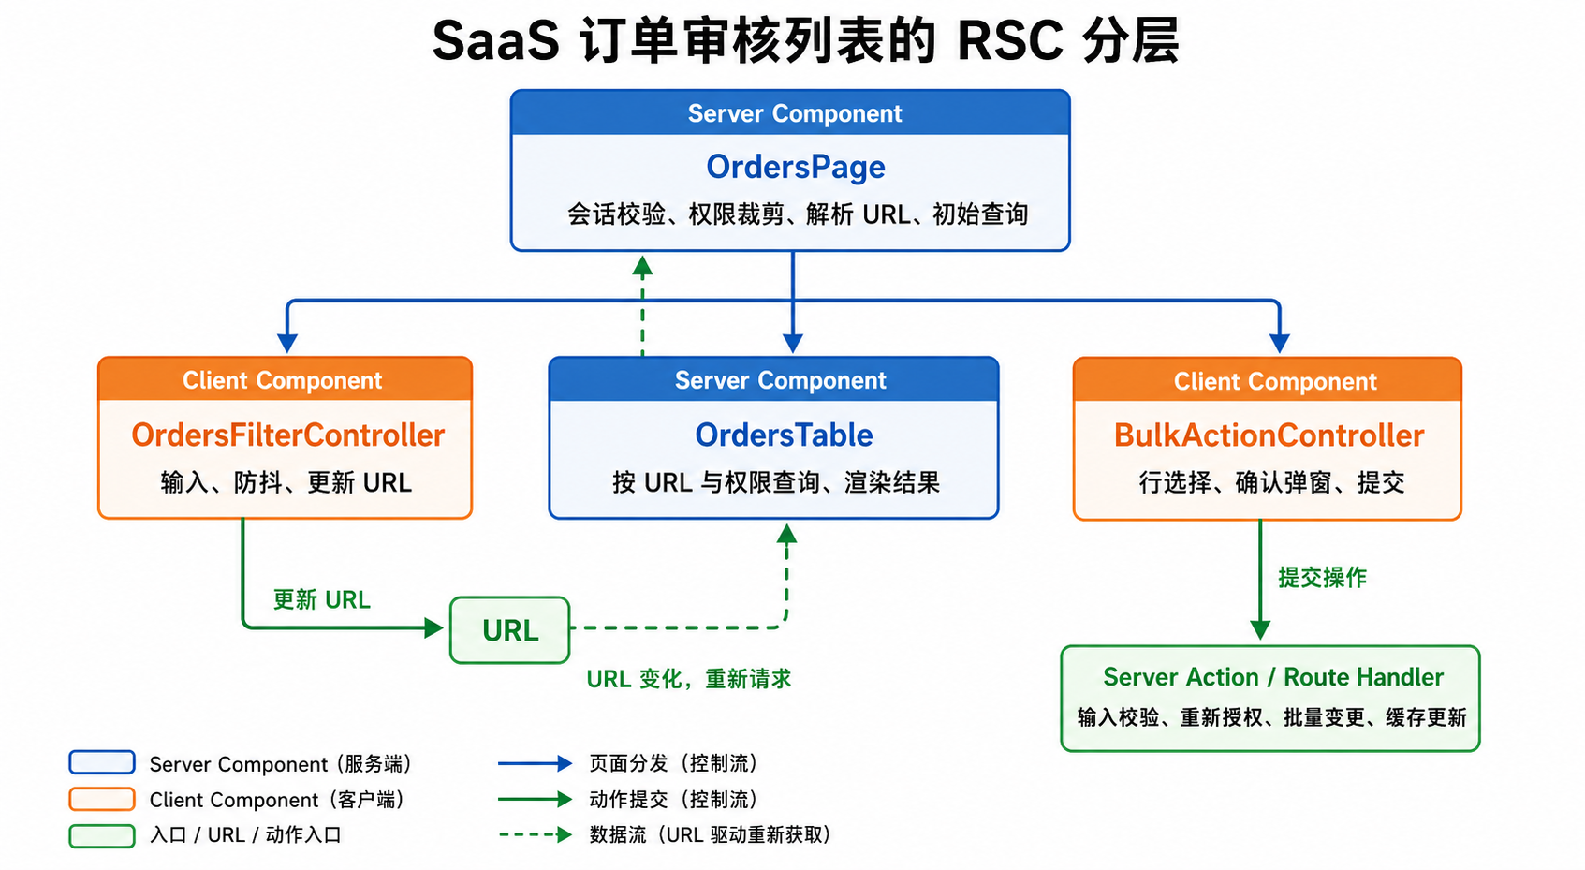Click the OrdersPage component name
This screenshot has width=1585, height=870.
pos(796,167)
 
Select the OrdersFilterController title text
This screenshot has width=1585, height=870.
pos(288,435)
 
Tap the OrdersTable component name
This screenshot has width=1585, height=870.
pos(784,435)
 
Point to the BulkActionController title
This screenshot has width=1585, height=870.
pos(1269,435)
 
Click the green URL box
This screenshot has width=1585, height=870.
pos(509,630)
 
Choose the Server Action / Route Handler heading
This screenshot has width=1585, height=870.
pos(1273,677)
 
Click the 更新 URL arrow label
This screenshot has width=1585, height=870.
pos(322,599)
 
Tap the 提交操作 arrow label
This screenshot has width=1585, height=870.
pos(1322,578)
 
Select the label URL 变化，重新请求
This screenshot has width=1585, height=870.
pos(688,679)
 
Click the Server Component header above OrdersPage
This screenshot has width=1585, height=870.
pos(795,113)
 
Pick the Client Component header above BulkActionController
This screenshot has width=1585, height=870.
pos(1275,381)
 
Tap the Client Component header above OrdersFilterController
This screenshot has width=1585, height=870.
pos(283,380)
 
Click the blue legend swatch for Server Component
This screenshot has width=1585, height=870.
pos(102,762)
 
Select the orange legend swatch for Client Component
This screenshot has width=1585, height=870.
pos(102,799)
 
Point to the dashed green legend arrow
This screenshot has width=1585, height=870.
pos(535,834)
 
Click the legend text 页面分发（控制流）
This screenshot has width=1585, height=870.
pos(674,763)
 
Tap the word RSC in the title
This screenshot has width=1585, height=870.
pos(1010,40)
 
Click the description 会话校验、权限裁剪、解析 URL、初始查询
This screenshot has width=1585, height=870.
pos(798,214)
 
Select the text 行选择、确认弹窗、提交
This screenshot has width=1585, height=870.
pos(1271,483)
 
